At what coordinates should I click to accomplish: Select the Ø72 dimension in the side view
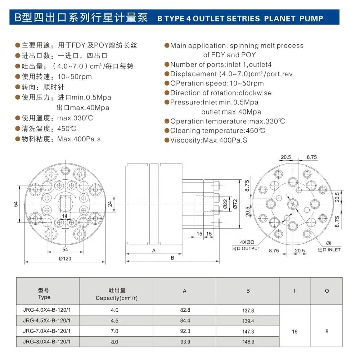pyautogui.click(x=235, y=204)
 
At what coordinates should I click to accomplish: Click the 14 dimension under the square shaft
pyautogui.click(x=65, y=216)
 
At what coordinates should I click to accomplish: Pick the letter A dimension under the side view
pyautogui.click(x=154, y=251)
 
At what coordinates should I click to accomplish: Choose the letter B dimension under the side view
pyautogui.click(x=172, y=258)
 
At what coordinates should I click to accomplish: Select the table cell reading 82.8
pyautogui.click(x=185, y=310)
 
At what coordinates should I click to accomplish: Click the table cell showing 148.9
pyautogui.click(x=248, y=341)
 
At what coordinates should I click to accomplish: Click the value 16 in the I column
pyautogui.click(x=294, y=331)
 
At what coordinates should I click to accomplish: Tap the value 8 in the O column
pyautogui.click(x=327, y=331)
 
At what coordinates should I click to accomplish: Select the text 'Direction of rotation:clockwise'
pyautogui.click(x=221, y=93)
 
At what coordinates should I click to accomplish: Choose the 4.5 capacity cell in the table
pyautogui.click(x=114, y=320)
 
